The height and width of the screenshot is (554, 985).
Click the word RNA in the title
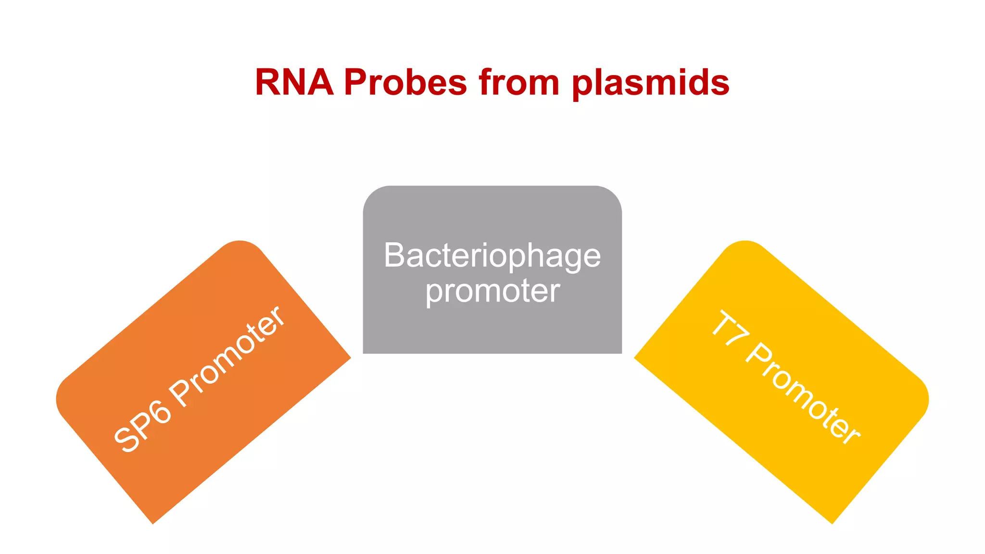[x=294, y=82]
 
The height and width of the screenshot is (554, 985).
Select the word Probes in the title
[x=405, y=82]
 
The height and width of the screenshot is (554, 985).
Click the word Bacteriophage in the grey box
[x=492, y=256]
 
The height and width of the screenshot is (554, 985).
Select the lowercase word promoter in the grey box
[x=492, y=291]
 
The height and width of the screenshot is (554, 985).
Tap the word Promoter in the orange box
[x=228, y=355]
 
